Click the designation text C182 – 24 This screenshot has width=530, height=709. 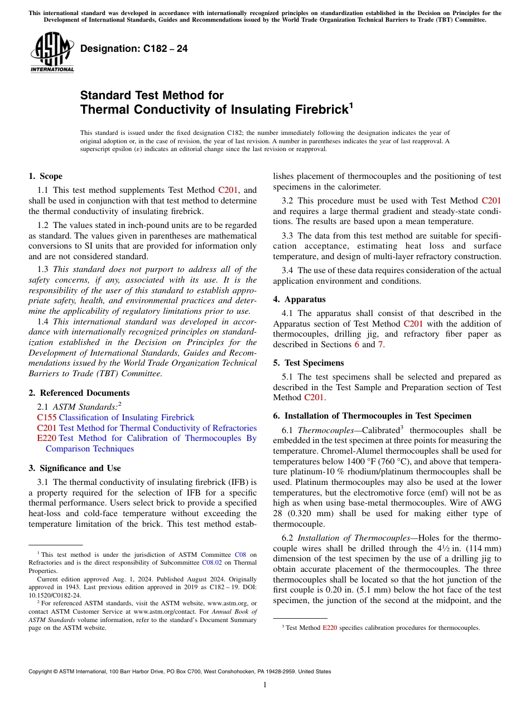[x=134, y=49]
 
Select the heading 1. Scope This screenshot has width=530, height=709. [x=45, y=177]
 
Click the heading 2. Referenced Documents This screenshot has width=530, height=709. [x=79, y=393]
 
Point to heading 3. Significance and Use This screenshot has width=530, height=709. [x=74, y=468]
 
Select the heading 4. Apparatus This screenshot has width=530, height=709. [x=299, y=299]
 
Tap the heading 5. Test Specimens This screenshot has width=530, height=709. [x=309, y=363]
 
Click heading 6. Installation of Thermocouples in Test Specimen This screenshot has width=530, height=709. [x=372, y=416]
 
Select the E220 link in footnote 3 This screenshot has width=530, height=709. [x=330, y=628]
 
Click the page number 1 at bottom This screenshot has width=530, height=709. [x=265, y=685]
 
